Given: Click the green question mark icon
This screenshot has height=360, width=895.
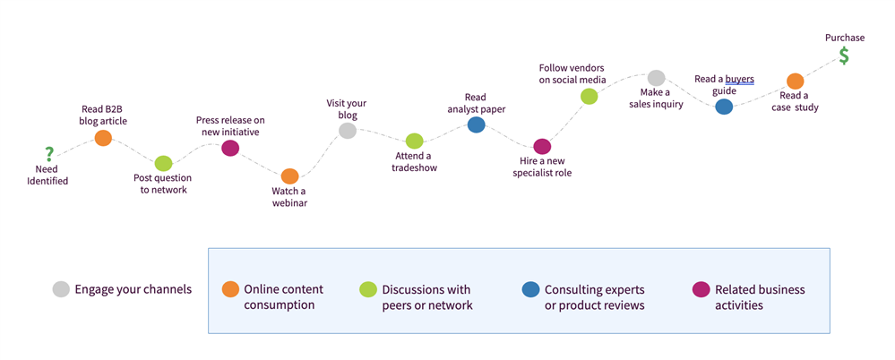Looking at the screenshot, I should point(49,154).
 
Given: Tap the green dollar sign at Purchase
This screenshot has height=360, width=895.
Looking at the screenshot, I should point(844,56).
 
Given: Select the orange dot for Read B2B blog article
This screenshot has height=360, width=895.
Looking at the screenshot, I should point(103,138).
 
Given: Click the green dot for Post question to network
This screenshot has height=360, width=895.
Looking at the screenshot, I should point(163,163).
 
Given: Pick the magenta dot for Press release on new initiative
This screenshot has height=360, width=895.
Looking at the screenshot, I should point(230,148).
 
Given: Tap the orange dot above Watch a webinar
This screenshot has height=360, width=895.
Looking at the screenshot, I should point(289,176).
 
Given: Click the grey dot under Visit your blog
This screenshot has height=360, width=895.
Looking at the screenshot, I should point(348,132).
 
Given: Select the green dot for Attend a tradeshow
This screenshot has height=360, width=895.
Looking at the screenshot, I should point(414,141).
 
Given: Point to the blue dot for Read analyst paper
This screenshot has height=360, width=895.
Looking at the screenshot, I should point(477,125).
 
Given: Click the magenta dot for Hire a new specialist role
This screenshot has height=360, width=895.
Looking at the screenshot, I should point(542,146).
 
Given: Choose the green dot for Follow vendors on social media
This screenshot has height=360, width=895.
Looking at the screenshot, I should point(589,96).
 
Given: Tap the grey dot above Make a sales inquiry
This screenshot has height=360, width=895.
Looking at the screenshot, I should point(656,78).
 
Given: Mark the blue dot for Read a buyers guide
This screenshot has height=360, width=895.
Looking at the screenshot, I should point(724,107).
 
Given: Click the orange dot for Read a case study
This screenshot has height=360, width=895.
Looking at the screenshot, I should point(795,81).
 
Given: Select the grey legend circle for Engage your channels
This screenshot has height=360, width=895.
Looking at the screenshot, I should point(61,289).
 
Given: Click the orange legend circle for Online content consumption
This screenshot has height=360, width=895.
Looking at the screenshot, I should point(230,289).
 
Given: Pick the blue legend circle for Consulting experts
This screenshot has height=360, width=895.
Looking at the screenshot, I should point(530,289).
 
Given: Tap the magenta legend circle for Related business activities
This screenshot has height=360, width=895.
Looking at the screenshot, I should point(701,289).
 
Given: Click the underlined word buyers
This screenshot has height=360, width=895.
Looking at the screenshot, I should point(739,79).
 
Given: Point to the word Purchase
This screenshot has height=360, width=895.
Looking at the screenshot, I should point(845,38).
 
